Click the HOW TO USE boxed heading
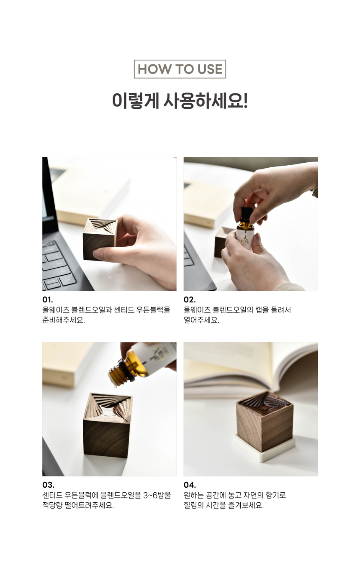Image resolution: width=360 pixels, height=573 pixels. tap(180, 69)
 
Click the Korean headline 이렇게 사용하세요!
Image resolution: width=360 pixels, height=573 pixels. tap(180, 101)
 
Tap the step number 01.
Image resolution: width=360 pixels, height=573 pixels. tap(48, 299)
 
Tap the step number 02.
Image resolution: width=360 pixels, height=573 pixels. tap(190, 299)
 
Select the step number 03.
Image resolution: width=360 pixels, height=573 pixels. tap(48, 485)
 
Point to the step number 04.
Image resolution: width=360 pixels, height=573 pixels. tap(190, 485)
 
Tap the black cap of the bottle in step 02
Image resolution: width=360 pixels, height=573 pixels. tap(247, 213)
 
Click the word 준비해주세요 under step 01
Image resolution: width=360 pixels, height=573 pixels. tap(64, 320)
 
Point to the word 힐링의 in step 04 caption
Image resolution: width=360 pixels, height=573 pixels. tap(193, 505)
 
